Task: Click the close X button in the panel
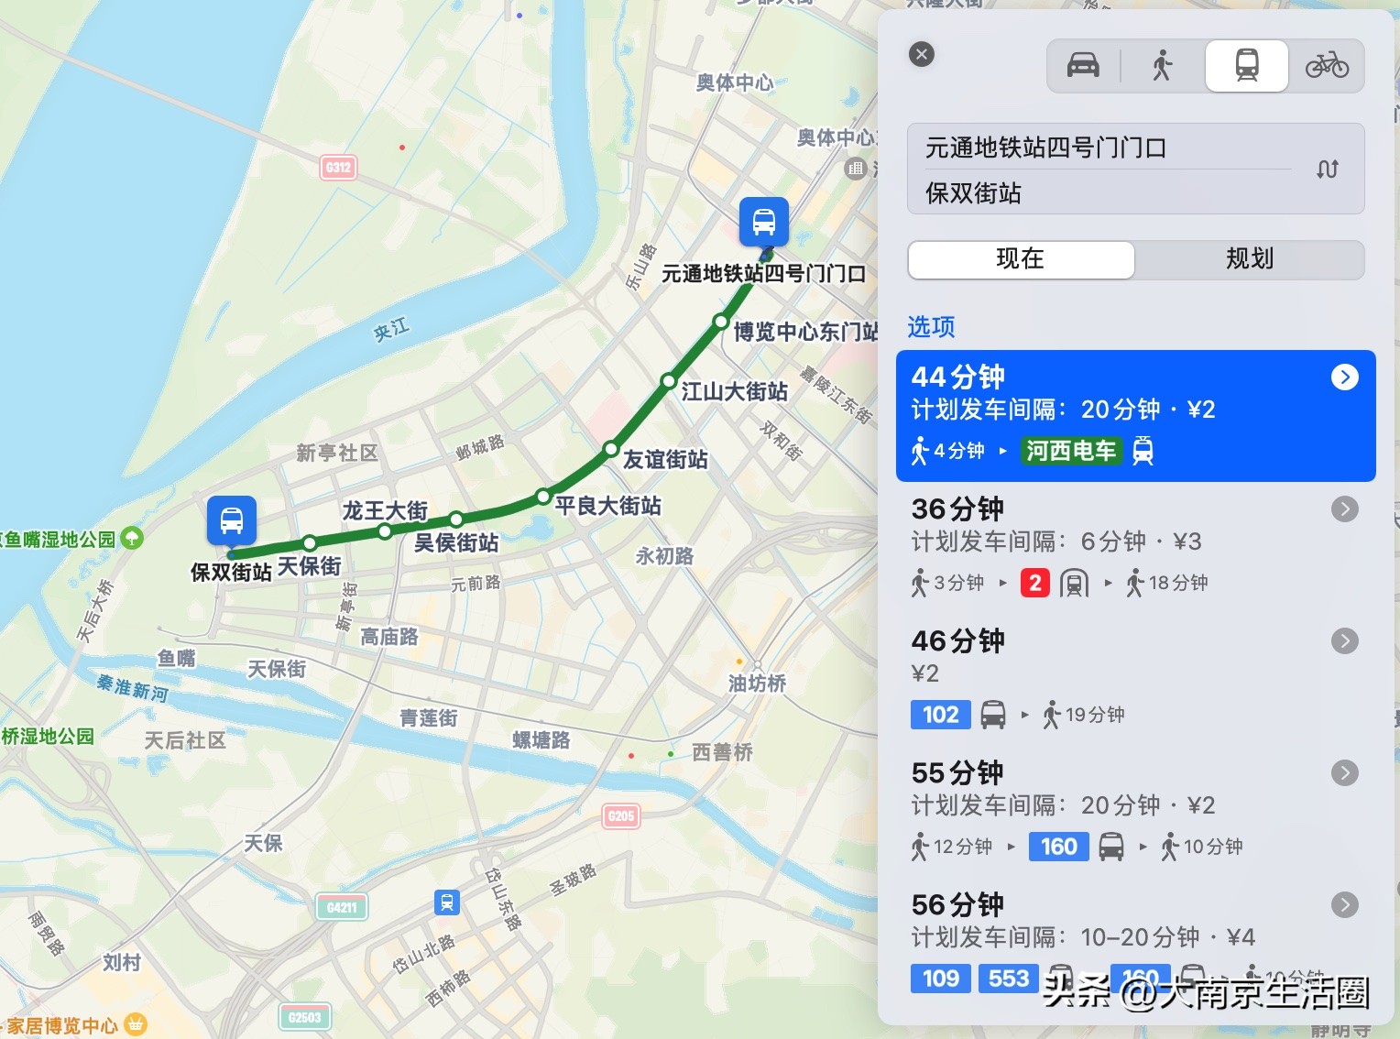tap(922, 54)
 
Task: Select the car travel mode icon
tap(1083, 66)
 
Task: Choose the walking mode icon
tap(1162, 66)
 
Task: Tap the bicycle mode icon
tap(1327, 66)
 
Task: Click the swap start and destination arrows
tap(1327, 170)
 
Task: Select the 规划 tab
tap(1250, 259)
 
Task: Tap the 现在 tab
tap(1021, 259)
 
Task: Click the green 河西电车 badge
tap(1071, 451)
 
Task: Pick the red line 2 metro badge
tap(1034, 583)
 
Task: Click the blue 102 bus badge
tap(940, 715)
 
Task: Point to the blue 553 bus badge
tap(1009, 979)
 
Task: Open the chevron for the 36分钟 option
tap(1344, 509)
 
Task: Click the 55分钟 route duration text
tap(957, 773)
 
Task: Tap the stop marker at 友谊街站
tap(611, 449)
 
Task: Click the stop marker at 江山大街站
tap(668, 381)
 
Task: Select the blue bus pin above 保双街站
tap(232, 519)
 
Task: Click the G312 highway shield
tap(338, 168)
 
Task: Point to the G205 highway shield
tap(620, 815)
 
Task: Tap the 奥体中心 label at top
tap(734, 83)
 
